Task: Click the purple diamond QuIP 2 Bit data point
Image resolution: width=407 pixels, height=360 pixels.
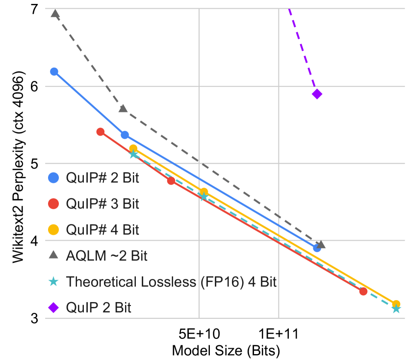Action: coord(317,94)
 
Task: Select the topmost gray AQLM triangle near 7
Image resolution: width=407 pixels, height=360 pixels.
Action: coord(55,14)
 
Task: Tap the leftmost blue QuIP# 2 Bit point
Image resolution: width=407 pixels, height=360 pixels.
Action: coord(54,72)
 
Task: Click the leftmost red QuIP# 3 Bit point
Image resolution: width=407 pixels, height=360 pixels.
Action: coord(101,131)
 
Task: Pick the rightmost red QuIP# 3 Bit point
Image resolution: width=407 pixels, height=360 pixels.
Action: coord(363,291)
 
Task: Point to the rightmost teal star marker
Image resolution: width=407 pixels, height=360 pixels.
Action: coord(396,309)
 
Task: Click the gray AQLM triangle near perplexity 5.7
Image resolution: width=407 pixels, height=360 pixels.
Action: coord(123,108)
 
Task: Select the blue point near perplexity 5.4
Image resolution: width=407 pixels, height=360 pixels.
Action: coord(125,135)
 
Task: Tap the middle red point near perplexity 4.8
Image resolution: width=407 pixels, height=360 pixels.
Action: coord(171,181)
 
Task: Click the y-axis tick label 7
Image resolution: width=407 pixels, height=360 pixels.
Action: coord(35,9)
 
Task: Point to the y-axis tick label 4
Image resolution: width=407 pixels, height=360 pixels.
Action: coord(35,241)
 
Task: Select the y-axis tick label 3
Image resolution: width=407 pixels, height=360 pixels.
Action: coord(35,318)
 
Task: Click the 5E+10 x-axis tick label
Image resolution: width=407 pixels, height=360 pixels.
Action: coord(199,334)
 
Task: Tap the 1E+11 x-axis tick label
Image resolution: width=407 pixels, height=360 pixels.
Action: coord(278,334)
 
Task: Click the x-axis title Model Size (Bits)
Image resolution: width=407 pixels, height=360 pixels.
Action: coord(226,351)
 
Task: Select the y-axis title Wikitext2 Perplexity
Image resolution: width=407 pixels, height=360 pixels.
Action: coord(18,169)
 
